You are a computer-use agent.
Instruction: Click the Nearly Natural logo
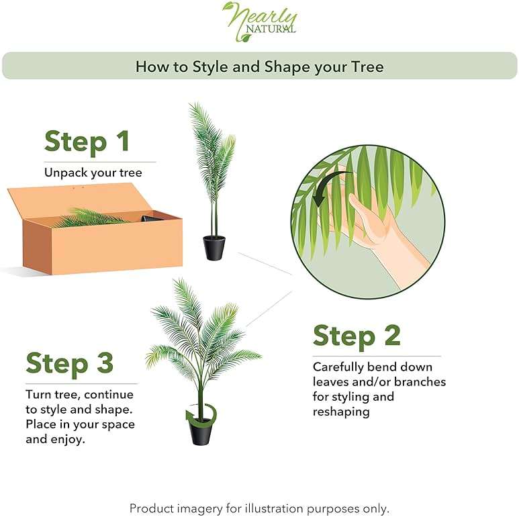[x=259, y=21]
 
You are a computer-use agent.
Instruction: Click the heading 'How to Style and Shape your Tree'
[x=259, y=66]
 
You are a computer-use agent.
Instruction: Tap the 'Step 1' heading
[x=87, y=142]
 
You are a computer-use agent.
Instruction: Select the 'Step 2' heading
[x=357, y=336]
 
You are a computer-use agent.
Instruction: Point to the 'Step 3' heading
[x=70, y=363]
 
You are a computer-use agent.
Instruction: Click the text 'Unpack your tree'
[x=93, y=173]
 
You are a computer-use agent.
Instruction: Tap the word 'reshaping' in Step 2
[x=341, y=412]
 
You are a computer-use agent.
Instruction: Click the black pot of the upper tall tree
[x=214, y=248]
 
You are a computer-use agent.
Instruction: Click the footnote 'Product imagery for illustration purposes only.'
[x=259, y=508]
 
